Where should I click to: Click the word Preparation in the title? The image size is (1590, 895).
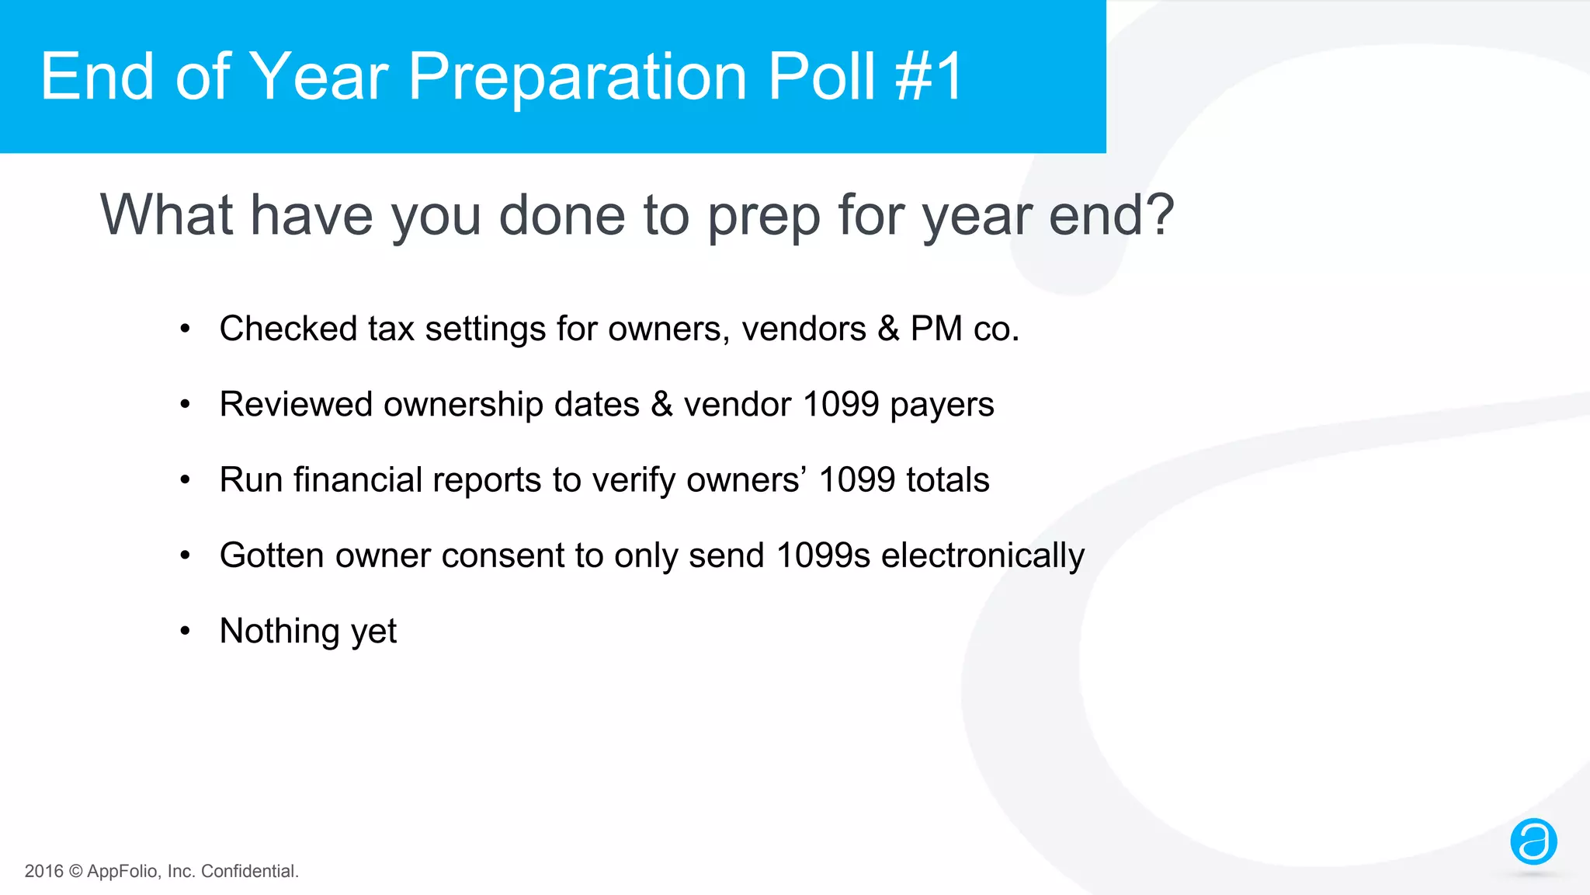578,78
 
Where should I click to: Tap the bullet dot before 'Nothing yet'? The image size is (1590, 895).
185,631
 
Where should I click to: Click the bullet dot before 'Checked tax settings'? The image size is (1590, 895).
185,329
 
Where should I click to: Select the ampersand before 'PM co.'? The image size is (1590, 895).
888,329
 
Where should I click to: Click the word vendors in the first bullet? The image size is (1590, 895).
804,329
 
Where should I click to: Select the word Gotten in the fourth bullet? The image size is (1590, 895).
272,555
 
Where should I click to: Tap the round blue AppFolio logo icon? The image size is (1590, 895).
1533,841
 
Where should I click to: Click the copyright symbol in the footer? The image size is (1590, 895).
75,872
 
